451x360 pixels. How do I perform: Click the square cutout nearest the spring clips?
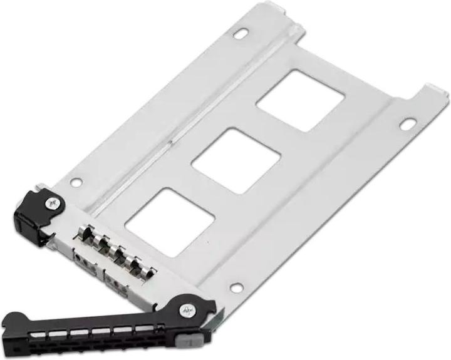pyautogui.click(x=170, y=213)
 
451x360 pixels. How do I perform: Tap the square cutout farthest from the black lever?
pyautogui.click(x=301, y=101)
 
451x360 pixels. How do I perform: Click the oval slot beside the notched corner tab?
pyautogui.click(x=407, y=125)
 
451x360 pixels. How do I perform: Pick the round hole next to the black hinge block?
pyautogui.click(x=75, y=182)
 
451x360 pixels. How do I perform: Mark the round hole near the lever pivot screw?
pyautogui.click(x=236, y=287)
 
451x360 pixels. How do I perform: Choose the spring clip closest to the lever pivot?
pyautogui.click(x=145, y=270)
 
